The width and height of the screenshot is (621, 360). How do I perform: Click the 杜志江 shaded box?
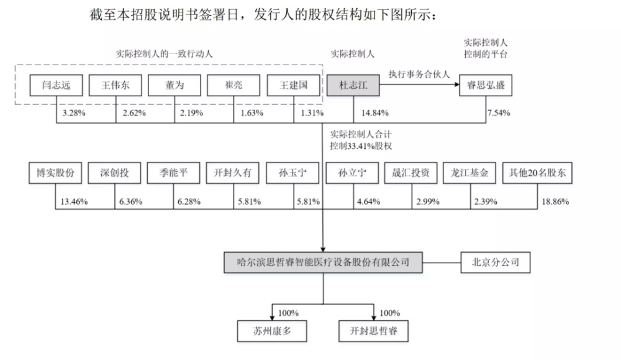(x=353, y=85)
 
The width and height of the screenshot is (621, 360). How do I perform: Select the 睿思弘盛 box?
(x=486, y=85)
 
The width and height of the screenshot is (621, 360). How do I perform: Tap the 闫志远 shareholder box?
(x=57, y=85)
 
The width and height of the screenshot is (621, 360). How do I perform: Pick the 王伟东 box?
(x=116, y=85)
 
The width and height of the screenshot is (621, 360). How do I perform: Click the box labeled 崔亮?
(x=233, y=85)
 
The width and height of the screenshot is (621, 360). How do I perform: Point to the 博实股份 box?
(x=55, y=173)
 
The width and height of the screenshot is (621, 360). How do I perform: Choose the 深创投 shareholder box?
(x=114, y=173)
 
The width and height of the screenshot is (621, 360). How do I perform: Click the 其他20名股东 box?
(x=537, y=173)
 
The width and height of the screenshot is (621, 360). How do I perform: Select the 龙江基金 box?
(x=469, y=173)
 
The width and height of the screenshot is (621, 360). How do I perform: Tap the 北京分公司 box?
(x=496, y=262)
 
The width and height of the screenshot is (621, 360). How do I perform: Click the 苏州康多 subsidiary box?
(x=272, y=331)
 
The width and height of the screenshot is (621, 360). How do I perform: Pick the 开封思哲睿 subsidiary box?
(x=373, y=331)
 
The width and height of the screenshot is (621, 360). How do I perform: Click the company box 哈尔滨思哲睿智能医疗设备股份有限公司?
(x=323, y=262)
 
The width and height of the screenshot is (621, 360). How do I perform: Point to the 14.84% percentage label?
(x=374, y=113)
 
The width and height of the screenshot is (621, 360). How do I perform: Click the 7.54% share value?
(x=499, y=113)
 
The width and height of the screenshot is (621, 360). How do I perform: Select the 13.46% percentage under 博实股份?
(x=74, y=202)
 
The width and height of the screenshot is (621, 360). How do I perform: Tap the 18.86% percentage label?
(x=555, y=202)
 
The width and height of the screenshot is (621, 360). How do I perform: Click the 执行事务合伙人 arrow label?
(x=419, y=74)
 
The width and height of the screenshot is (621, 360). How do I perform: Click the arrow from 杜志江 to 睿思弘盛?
(x=419, y=84)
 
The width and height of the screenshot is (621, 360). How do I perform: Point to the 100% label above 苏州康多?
(x=288, y=313)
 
